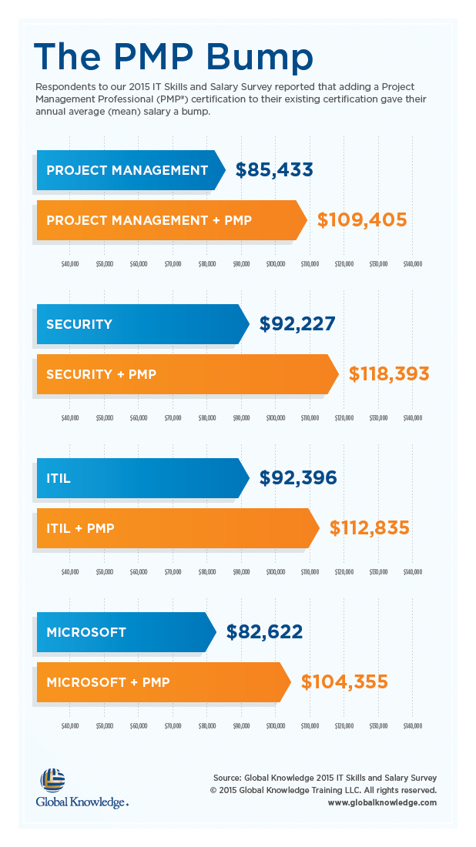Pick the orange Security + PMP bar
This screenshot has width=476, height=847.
coord(185,374)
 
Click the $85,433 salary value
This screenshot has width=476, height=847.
coord(274,170)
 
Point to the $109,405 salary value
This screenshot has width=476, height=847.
coord(362,220)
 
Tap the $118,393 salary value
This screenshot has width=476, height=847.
coord(389,374)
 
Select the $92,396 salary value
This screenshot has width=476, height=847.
coord(298,478)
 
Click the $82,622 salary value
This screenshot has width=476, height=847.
coord(264,632)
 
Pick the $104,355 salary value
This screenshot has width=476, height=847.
coord(344,682)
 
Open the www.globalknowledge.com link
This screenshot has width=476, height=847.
coord(382,802)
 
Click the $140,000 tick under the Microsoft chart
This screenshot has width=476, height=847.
coord(412,725)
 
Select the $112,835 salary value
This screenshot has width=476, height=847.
coord(370,528)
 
